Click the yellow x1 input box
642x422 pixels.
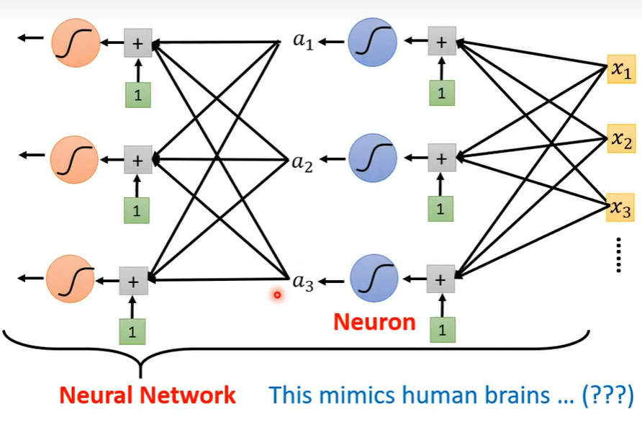tap(620, 70)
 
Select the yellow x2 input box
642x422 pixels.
tap(620, 139)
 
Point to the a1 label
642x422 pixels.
tap(302, 41)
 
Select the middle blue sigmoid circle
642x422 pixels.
tap(371, 156)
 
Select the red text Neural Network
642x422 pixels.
tap(148, 395)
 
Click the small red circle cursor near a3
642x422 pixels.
tap(276, 294)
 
